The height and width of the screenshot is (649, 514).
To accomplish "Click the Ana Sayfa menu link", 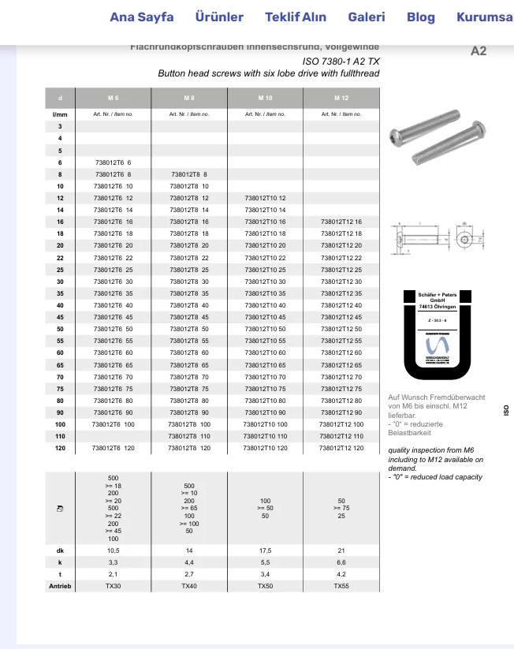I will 142,17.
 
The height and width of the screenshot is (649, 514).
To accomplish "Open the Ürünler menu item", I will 219,17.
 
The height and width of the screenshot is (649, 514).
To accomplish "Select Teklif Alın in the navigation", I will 296,17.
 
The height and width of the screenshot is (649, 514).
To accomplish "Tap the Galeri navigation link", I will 367,17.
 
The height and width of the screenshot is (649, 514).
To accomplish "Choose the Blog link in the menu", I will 421,17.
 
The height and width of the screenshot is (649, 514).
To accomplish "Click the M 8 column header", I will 189,98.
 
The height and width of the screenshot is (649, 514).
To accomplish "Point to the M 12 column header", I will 341,98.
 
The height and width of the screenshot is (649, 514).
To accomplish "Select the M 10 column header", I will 265,98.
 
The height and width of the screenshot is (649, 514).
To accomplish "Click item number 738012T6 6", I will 113,162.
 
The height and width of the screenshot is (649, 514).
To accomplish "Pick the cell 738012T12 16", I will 341,222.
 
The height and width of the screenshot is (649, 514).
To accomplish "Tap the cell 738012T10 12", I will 266,198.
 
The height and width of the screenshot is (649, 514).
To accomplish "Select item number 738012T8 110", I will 189,436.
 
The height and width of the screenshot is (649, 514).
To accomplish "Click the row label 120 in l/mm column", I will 60,448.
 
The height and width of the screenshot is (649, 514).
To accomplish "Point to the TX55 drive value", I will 341,586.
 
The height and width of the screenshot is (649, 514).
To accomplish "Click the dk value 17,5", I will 266,550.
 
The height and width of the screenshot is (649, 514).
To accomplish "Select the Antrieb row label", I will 60,586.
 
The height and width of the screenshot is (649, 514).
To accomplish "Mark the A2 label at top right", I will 479,50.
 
